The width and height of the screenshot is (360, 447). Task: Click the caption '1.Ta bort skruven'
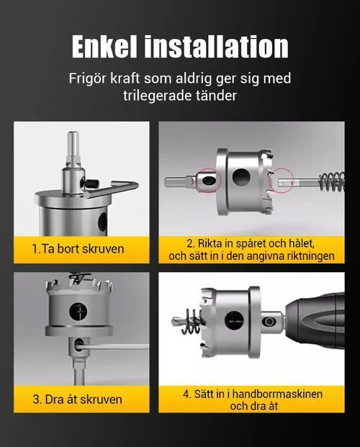click(x=78, y=249)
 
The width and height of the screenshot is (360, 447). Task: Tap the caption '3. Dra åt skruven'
click(x=78, y=399)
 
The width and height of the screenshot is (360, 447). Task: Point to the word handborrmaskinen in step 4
click(x=277, y=394)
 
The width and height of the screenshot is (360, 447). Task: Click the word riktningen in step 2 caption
click(x=310, y=256)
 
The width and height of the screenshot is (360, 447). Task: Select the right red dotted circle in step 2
click(x=282, y=181)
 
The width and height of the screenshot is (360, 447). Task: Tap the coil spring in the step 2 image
click(x=332, y=182)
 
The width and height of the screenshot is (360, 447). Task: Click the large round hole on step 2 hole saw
click(x=241, y=177)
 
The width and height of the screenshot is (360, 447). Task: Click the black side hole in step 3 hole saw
click(x=78, y=312)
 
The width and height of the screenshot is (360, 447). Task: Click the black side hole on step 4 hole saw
click(x=235, y=320)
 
